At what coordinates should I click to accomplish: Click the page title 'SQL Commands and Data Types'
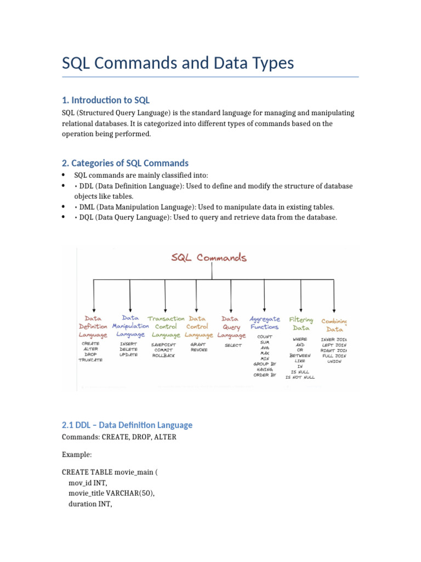tap(178, 63)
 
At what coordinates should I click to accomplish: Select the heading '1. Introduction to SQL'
tap(105, 100)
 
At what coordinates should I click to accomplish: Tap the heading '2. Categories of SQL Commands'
tap(125, 163)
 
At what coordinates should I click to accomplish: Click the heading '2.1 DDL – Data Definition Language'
tap(127, 425)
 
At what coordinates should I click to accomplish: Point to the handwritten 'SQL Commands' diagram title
tap(209, 257)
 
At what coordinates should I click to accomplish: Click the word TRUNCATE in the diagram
tap(91, 359)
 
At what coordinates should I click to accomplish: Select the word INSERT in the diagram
tap(128, 344)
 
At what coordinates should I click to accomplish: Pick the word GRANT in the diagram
tap(198, 344)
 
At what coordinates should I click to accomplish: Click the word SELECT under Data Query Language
tap(233, 346)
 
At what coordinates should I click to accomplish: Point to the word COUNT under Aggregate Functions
tap(265, 336)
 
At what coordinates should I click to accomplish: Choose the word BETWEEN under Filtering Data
tap(300, 356)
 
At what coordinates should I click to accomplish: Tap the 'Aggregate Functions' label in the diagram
tap(265, 323)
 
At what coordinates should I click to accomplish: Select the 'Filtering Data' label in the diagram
tap(301, 324)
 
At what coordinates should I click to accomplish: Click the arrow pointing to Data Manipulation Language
tap(129, 296)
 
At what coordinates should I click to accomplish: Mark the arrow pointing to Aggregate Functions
tap(265, 296)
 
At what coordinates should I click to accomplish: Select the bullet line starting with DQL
tap(206, 217)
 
